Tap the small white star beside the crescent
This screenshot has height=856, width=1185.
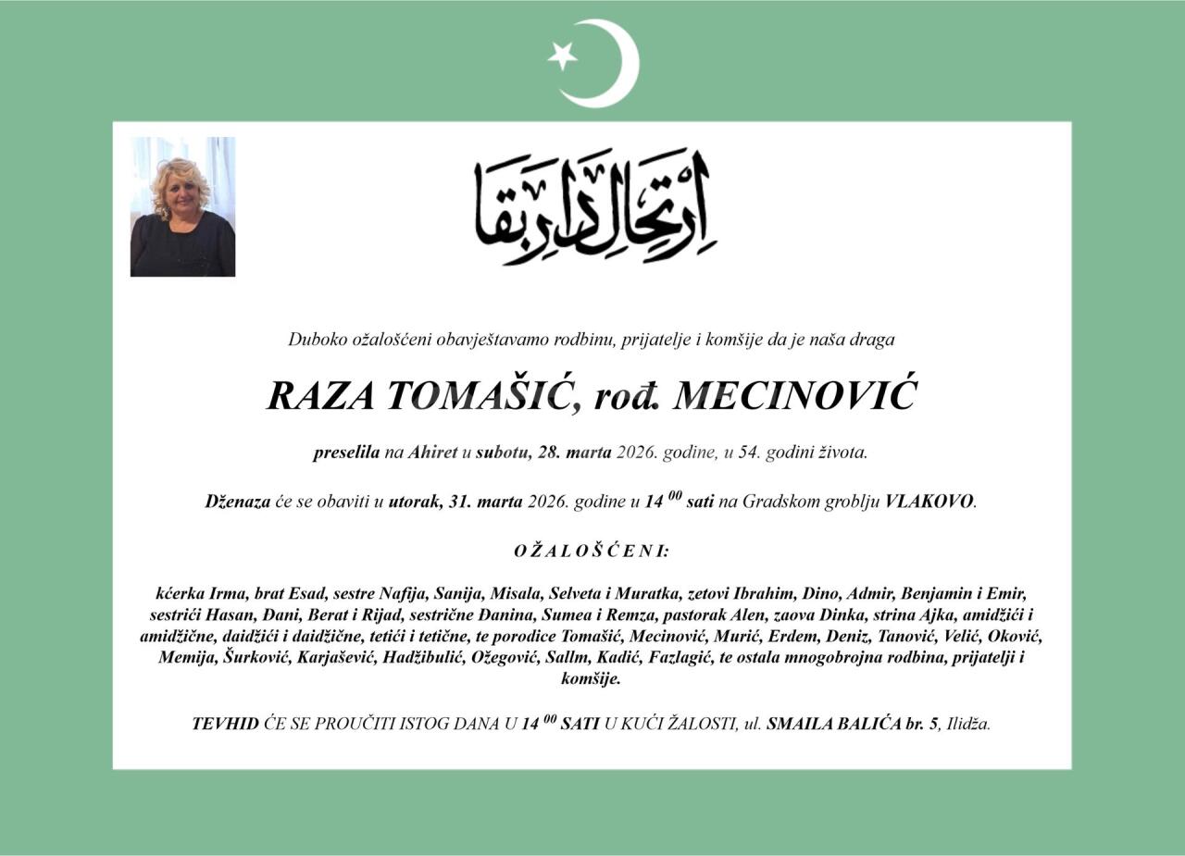[x=562, y=56]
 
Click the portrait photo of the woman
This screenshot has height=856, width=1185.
[x=182, y=206]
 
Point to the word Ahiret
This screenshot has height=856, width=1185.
[x=434, y=453]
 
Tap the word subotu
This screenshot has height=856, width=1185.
[x=500, y=453]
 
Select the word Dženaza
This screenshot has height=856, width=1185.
[x=237, y=502]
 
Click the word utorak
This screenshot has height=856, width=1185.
[x=414, y=502]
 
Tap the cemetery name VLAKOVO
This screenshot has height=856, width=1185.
[x=929, y=502]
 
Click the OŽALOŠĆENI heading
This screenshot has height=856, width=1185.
[x=592, y=552]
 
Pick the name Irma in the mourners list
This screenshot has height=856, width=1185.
[x=228, y=593]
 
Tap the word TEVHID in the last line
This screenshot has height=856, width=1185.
[x=225, y=724]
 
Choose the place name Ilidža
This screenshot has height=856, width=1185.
[x=968, y=724]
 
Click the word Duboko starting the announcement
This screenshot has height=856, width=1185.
[x=317, y=340]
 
